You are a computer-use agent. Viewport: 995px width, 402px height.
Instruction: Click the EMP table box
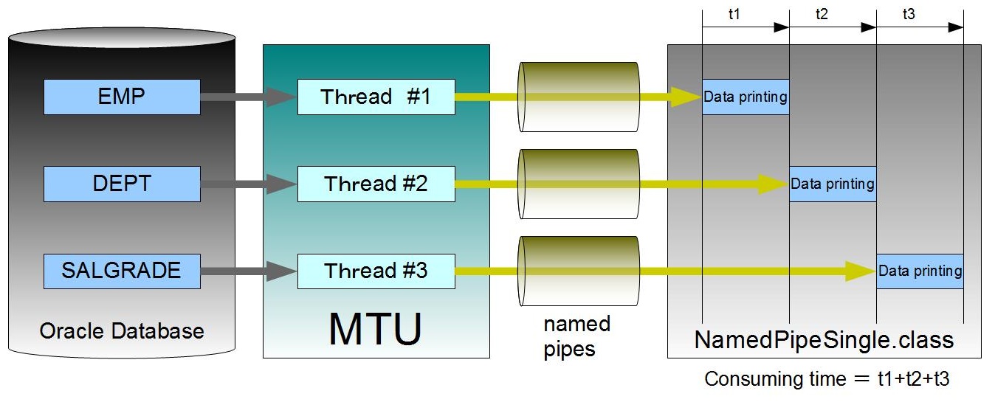point(122,97)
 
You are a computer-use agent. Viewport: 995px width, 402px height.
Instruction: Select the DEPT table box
point(122,184)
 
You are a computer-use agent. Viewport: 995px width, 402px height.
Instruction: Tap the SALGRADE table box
point(122,270)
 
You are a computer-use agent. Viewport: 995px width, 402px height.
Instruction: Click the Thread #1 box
point(376,97)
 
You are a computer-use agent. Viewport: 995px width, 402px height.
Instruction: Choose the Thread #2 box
point(376,184)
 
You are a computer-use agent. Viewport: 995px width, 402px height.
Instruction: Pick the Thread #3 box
point(376,271)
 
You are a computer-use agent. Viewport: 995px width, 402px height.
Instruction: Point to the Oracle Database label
point(122,330)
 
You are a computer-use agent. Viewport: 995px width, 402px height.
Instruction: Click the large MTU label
point(375,329)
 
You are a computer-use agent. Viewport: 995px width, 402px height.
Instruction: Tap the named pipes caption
point(577,336)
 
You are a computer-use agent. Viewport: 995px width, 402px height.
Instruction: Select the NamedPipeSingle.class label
point(824,340)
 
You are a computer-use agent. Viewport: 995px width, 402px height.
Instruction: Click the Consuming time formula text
point(827,379)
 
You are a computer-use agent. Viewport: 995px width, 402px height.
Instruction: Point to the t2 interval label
point(822,15)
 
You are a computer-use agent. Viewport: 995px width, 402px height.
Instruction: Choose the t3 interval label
point(909,15)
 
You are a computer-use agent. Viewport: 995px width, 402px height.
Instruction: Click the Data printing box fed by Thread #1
point(746,97)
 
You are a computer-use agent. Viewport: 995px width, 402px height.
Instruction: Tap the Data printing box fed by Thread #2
point(833,184)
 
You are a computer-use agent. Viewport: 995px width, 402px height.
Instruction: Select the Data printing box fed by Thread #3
point(920,271)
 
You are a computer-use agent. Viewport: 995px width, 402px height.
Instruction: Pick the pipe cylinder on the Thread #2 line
point(579,184)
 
